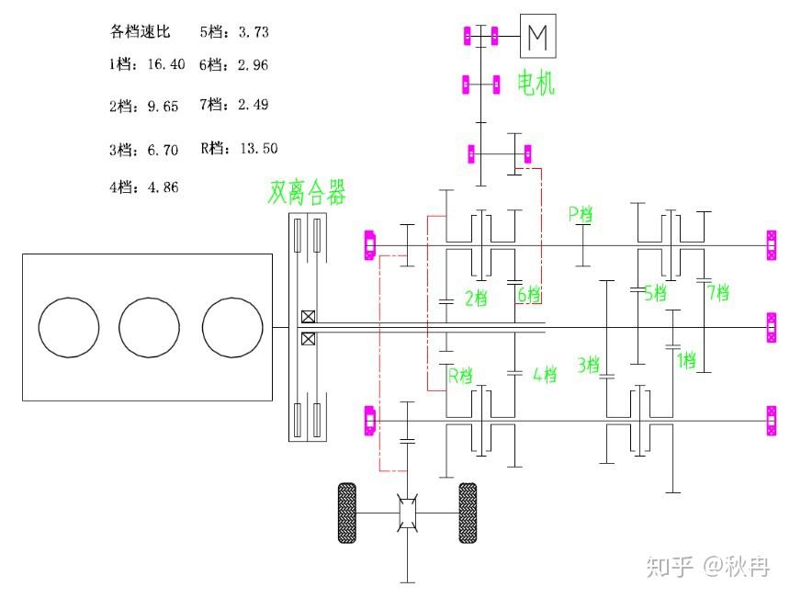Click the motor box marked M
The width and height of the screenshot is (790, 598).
(x=538, y=36)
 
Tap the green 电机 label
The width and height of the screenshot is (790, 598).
(x=536, y=83)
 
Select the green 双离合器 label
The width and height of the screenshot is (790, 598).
(x=306, y=192)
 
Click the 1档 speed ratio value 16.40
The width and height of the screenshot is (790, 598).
(x=166, y=64)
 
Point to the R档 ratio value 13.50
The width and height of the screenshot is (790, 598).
(x=259, y=148)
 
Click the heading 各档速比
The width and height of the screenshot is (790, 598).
(x=140, y=32)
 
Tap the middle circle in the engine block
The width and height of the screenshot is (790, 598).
(x=149, y=327)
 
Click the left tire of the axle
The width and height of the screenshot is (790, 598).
(x=346, y=513)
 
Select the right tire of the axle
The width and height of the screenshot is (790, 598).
(x=468, y=513)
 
